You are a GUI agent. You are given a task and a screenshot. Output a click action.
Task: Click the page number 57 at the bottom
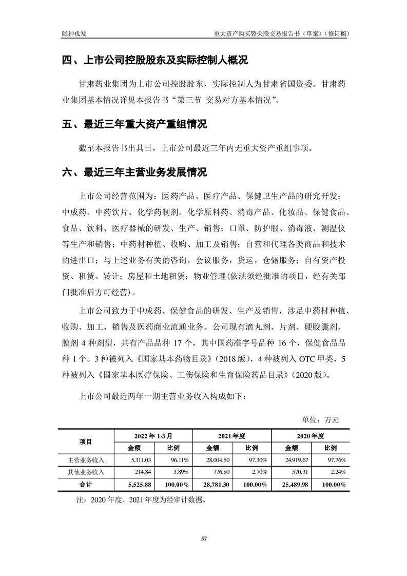point(204,539)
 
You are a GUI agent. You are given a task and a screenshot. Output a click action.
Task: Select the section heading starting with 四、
point(154,61)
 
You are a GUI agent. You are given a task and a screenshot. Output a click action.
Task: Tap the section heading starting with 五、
point(134,125)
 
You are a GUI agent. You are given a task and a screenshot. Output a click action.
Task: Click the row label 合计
point(85,485)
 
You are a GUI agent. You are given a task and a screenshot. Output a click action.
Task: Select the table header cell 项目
point(85,441)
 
